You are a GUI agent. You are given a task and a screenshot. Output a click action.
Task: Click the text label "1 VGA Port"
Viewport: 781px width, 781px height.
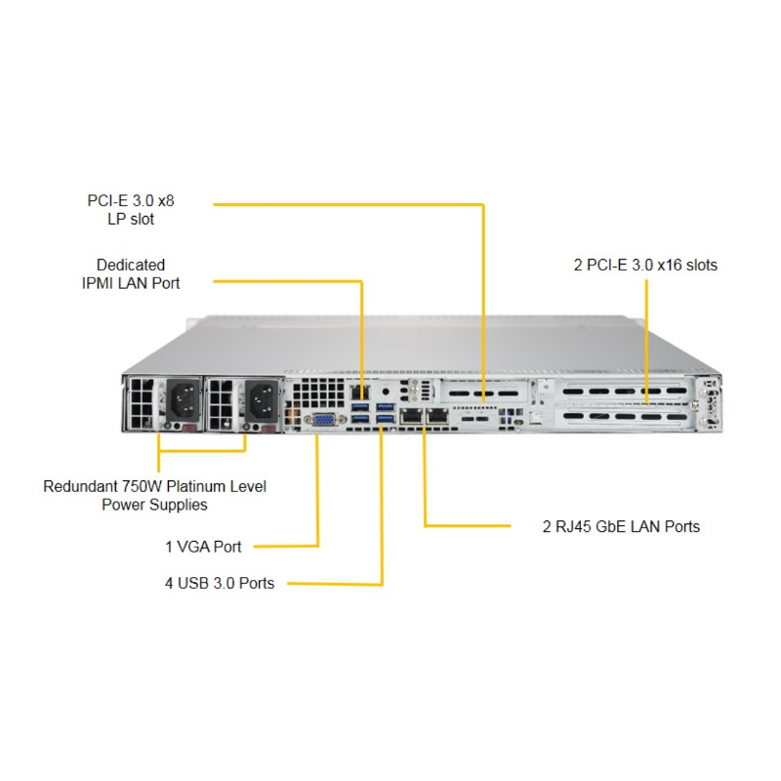coord(203,547)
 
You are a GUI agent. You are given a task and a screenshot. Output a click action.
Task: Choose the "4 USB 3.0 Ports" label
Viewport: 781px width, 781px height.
coord(219,584)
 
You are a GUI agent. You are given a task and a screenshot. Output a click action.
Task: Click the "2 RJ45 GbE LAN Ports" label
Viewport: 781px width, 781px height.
coord(621,526)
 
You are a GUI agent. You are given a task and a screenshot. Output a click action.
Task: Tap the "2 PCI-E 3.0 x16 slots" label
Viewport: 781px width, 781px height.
coord(645,265)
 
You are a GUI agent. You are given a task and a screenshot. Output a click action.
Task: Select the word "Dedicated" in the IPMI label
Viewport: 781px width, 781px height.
coord(131,265)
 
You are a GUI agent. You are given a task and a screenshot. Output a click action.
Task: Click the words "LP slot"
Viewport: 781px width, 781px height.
coord(131,220)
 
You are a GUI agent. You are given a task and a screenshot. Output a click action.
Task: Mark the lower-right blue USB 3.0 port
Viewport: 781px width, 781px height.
coord(384,421)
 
